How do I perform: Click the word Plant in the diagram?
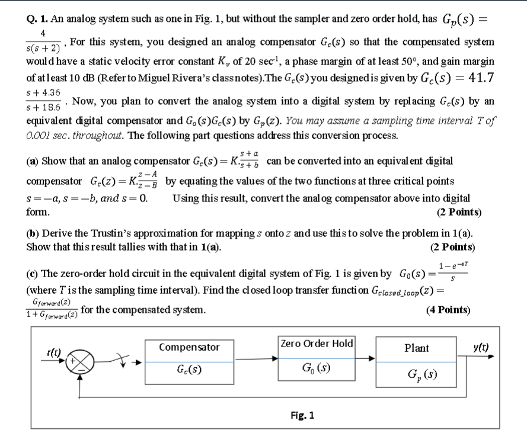pyautogui.click(x=416, y=348)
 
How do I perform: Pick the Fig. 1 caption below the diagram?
pyautogui.click(x=302, y=415)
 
